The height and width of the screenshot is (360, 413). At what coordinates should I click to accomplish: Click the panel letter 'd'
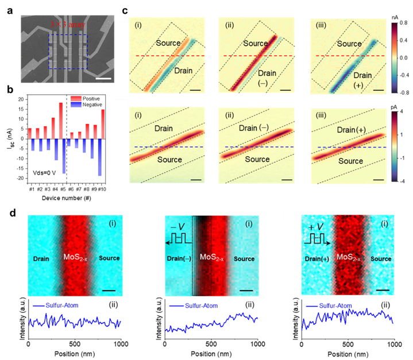[x=11, y=215]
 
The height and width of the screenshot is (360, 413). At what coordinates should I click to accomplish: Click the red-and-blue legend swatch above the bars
[x=76, y=101]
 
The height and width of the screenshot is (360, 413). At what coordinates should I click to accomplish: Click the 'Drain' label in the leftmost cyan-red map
[x=42, y=258]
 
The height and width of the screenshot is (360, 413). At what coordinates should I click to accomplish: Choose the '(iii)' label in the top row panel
[x=316, y=24]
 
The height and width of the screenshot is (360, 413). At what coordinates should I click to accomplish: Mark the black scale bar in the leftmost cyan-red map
[x=108, y=291]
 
